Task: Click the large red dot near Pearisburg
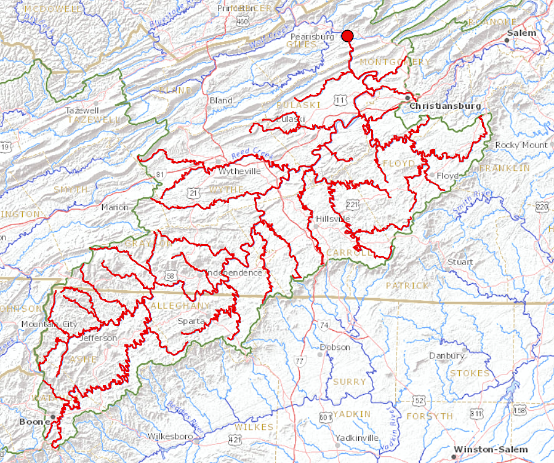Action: [348, 36]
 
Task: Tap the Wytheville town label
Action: [240, 171]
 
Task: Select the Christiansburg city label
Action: [445, 106]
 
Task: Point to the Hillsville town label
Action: [332, 219]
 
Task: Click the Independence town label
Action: [235, 272]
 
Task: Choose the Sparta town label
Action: [190, 321]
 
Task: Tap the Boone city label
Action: [30, 422]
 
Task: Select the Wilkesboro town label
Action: [171, 437]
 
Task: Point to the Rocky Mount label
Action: [521, 145]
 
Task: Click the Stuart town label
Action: [460, 262]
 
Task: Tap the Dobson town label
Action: [335, 347]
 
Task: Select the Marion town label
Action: [115, 207]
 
